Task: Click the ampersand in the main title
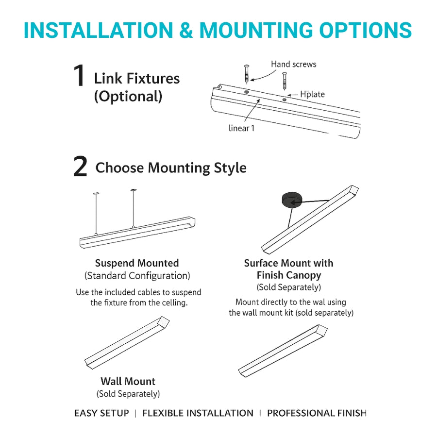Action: coord(186,30)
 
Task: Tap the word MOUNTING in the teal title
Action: coord(256,30)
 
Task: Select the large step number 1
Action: coord(79,75)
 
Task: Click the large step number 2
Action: coord(80,167)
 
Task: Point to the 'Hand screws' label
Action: coord(293,65)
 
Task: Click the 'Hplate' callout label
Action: coord(312,94)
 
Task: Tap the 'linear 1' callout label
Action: coord(241,128)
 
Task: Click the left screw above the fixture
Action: coord(246,74)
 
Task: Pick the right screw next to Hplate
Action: coord(284,81)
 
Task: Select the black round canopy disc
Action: coord(291,199)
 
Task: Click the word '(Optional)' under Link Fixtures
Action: coord(128,97)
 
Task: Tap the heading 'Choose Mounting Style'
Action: coord(171,168)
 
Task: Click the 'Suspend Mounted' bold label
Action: coord(137,263)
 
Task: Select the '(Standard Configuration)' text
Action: coord(137,276)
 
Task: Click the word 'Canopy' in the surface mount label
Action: coord(305,275)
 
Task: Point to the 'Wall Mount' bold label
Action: coord(128,381)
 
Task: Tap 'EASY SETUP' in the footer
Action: coord(102,413)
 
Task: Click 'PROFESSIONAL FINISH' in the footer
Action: coord(317,413)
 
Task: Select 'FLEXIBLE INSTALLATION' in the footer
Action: coord(198,413)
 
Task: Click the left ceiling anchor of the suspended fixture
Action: coord(96,193)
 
